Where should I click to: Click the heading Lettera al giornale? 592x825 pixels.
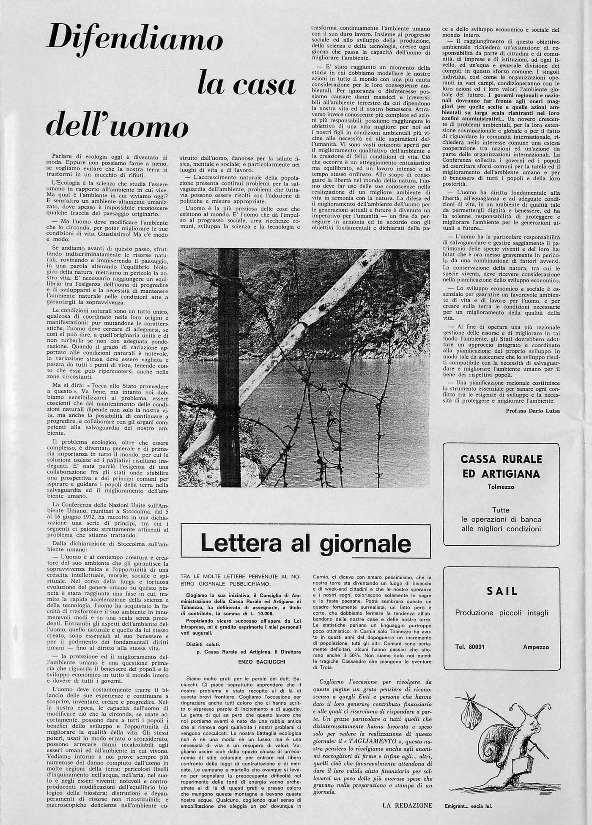[305, 543]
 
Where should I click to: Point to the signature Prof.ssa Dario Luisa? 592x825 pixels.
[532, 411]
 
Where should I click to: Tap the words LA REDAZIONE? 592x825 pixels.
[407, 805]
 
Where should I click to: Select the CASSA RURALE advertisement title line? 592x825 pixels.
[501, 459]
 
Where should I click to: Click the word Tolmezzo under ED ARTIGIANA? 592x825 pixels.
[501, 487]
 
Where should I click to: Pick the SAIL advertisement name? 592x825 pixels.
[502, 591]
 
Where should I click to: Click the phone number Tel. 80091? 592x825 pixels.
[470, 647]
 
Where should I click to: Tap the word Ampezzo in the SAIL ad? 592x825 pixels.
[536, 647]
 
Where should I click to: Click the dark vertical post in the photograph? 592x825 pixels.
[229, 368]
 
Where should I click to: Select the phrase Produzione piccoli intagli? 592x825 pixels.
[502, 613]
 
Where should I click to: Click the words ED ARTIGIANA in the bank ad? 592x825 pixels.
[501, 474]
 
